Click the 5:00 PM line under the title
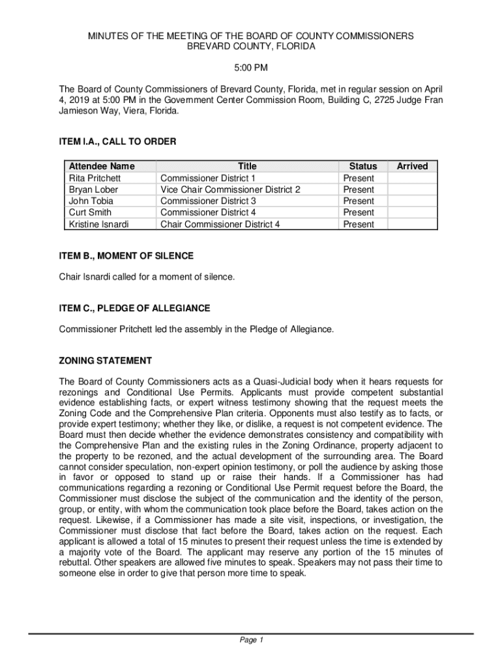(251, 68)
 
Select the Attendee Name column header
(102, 166)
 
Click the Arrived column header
(412, 166)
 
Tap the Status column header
(363, 166)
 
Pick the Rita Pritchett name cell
(95, 178)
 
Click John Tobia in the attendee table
(91, 201)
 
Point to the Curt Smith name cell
(90, 212)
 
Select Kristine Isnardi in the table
(98, 224)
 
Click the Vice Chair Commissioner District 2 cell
(230, 190)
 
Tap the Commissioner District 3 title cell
(208, 201)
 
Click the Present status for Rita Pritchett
(359, 178)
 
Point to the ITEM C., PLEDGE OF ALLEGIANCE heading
(134, 307)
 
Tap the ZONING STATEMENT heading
(105, 360)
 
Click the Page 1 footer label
(251, 640)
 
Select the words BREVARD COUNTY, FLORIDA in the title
(251, 47)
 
